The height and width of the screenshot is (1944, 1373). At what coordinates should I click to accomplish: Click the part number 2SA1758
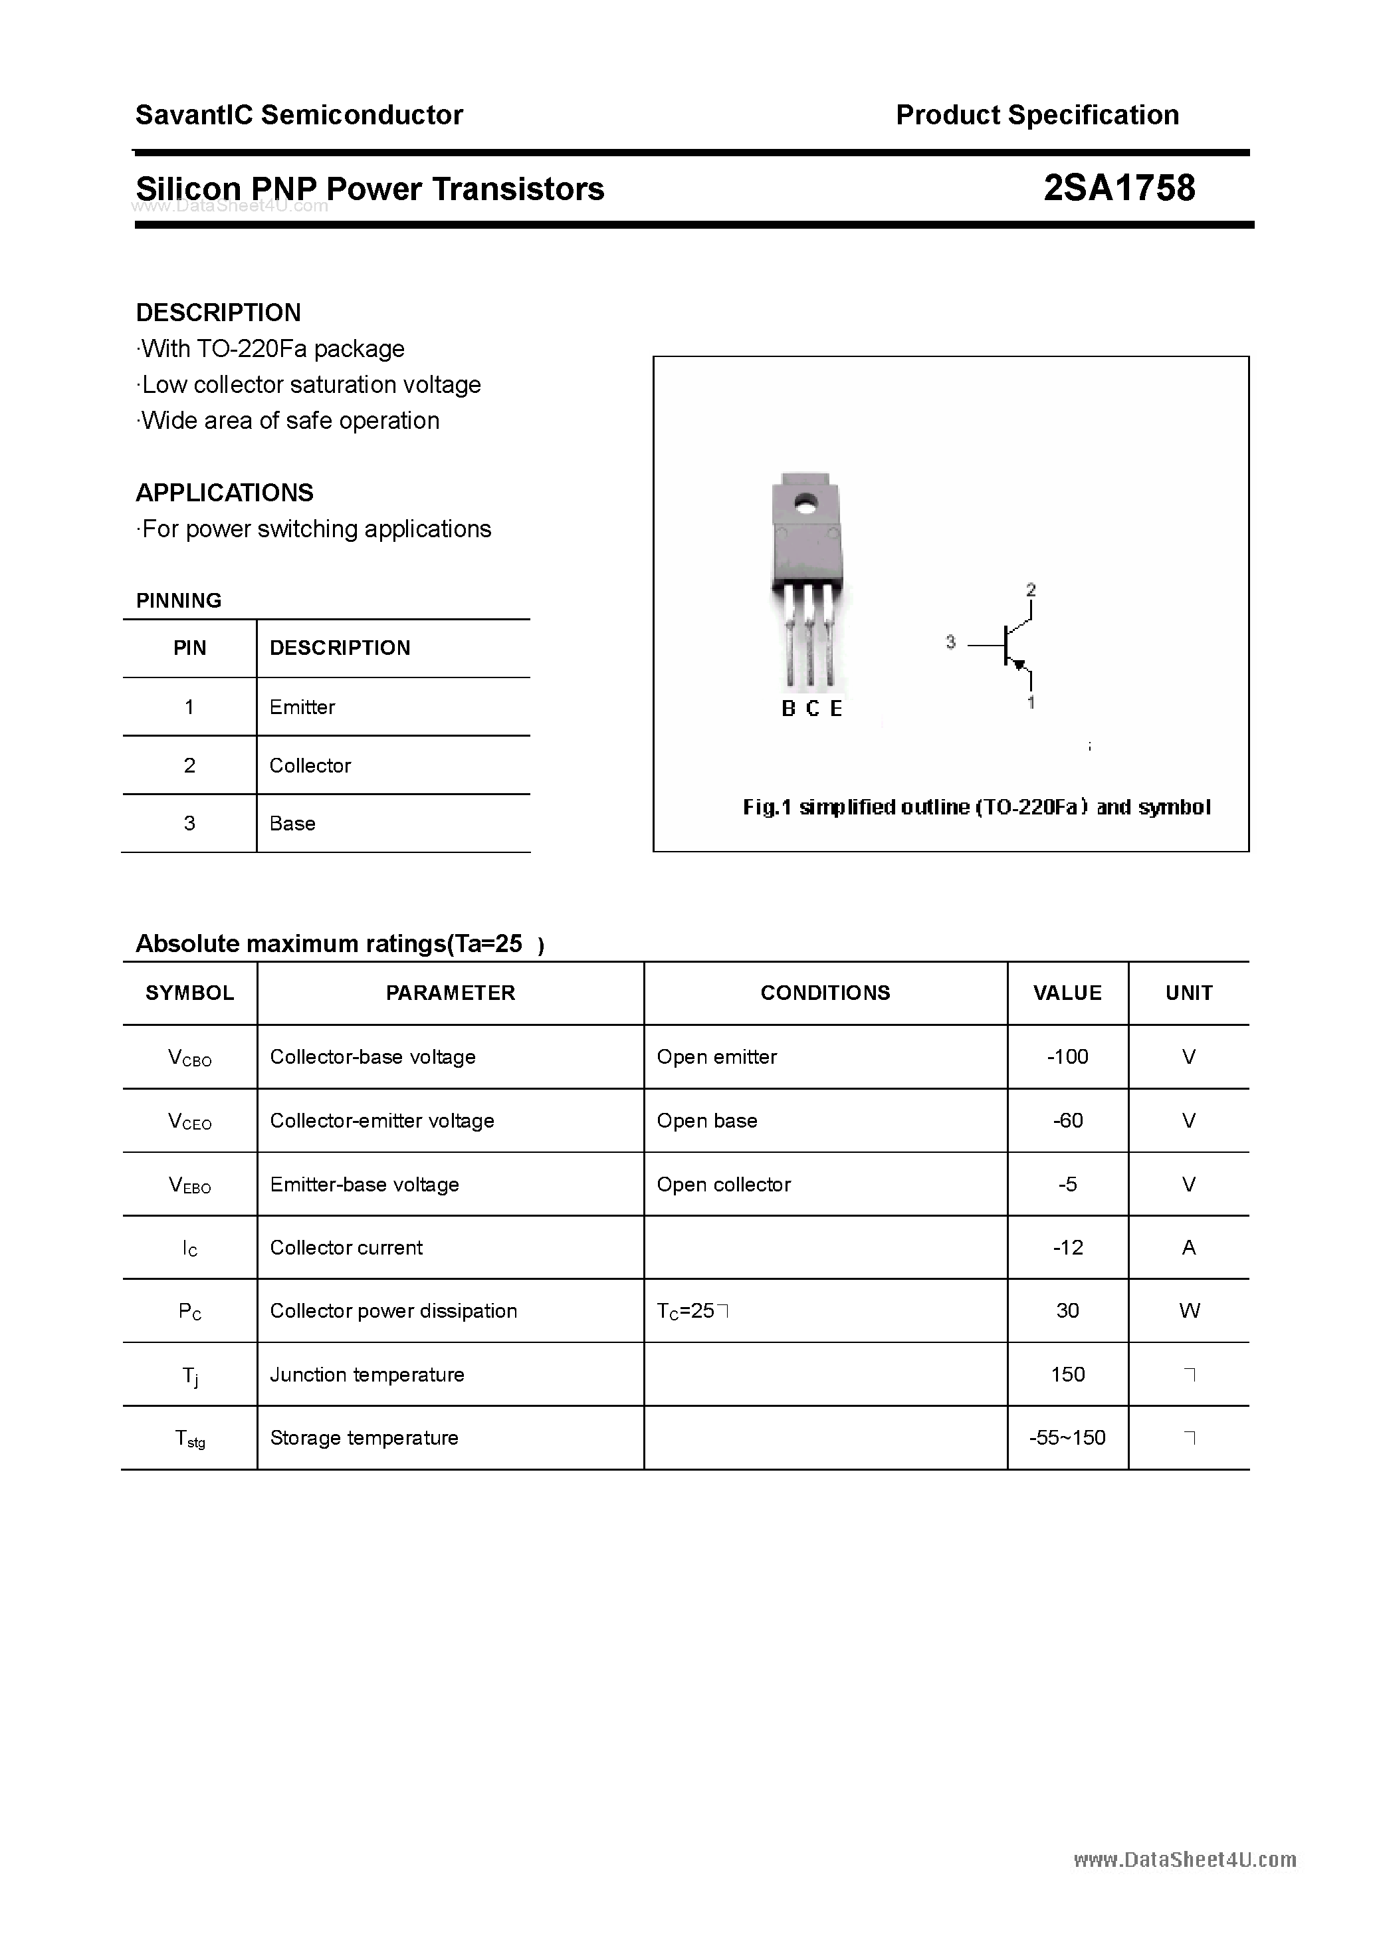pyautogui.click(x=1118, y=188)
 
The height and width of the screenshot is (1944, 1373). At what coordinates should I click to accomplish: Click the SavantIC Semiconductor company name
pyautogui.click(x=299, y=115)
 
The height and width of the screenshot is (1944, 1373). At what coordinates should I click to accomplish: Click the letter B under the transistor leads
pyautogui.click(x=788, y=709)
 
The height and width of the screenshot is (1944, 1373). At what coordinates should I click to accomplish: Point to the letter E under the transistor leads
pyautogui.click(x=836, y=709)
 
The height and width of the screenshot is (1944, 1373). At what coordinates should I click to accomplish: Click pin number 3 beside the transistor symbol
pyautogui.click(x=950, y=643)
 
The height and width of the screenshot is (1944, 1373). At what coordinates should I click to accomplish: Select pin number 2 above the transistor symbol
pyautogui.click(x=1030, y=589)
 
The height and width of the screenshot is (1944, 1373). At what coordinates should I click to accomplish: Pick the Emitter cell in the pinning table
pyautogui.click(x=302, y=707)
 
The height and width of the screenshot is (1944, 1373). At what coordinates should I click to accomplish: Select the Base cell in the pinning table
pyautogui.click(x=292, y=823)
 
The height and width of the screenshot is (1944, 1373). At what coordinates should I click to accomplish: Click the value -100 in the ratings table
pyautogui.click(x=1067, y=1056)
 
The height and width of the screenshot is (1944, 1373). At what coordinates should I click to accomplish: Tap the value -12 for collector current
pyautogui.click(x=1067, y=1247)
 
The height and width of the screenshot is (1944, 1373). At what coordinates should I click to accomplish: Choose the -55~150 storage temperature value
pyautogui.click(x=1067, y=1437)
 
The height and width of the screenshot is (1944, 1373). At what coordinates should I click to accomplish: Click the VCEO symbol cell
pyautogui.click(x=189, y=1121)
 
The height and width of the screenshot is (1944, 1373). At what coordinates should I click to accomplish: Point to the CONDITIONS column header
pyautogui.click(x=825, y=993)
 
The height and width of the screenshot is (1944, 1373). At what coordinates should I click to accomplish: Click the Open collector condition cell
pyautogui.click(x=724, y=1185)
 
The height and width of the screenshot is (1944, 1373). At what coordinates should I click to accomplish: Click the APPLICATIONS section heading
pyautogui.click(x=225, y=493)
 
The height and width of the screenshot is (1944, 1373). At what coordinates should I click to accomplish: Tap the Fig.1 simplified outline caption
pyautogui.click(x=976, y=807)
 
